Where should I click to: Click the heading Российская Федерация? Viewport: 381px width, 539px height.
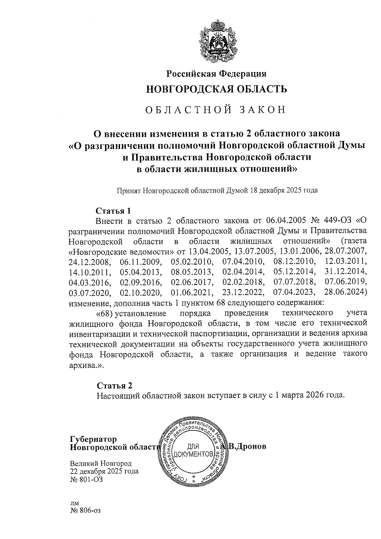[217, 74]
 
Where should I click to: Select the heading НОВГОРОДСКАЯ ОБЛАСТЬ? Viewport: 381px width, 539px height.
[217, 89]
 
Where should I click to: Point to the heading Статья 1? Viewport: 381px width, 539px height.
[113, 211]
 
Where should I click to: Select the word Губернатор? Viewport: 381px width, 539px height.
[93, 439]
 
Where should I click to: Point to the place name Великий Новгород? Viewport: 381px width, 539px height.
[101, 463]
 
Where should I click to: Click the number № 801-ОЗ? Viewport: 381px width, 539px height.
[86, 479]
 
